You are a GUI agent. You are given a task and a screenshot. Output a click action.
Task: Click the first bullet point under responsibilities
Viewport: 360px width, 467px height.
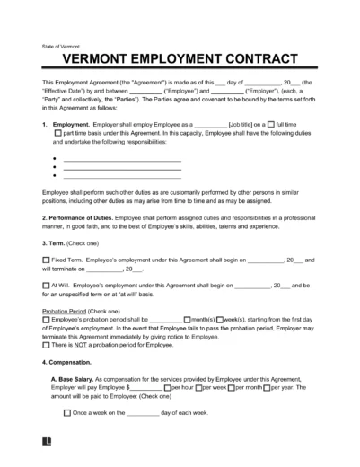click(56, 161)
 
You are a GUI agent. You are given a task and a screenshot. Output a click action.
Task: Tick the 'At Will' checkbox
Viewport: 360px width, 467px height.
click(46, 286)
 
